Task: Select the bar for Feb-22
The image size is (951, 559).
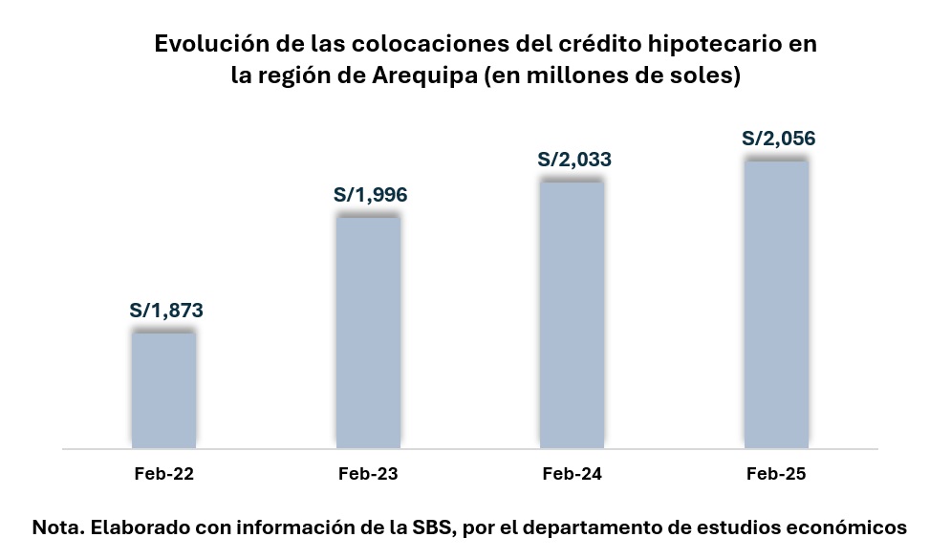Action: click(163, 390)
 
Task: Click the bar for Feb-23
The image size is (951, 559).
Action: click(368, 333)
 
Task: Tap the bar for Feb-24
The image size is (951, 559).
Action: click(572, 314)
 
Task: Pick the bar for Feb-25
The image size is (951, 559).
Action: click(776, 304)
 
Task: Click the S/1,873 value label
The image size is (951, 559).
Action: click(166, 311)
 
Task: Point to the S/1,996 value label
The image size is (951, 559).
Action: click(370, 195)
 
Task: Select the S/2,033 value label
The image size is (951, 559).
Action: click(574, 160)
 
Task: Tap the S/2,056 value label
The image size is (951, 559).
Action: click(779, 139)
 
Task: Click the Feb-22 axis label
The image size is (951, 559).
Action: click(163, 474)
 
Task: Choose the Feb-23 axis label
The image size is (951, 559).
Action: click(368, 474)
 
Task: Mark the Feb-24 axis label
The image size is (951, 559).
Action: click(572, 474)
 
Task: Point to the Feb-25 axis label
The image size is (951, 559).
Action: click(776, 474)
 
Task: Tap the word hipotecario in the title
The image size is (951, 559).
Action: click(681, 44)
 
